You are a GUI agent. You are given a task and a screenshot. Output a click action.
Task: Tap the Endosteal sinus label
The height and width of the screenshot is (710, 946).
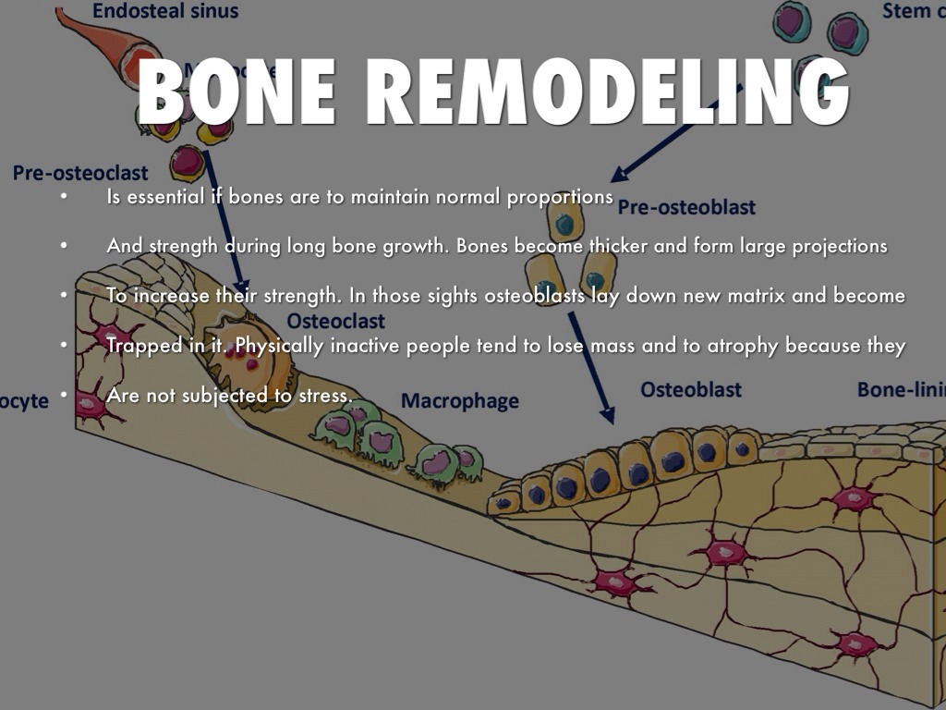(165, 12)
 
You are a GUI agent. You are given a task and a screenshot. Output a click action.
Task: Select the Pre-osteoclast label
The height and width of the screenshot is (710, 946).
(80, 174)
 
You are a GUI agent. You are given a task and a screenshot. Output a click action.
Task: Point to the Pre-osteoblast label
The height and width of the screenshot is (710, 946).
(686, 207)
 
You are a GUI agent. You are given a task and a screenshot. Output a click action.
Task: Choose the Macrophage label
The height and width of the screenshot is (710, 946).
(459, 401)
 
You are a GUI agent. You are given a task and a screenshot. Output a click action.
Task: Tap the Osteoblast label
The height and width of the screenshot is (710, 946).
(690, 390)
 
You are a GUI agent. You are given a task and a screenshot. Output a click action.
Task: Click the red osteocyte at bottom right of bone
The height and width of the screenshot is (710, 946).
(855, 643)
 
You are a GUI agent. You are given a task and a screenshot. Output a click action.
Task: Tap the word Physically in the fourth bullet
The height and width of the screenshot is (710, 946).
(278, 346)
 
